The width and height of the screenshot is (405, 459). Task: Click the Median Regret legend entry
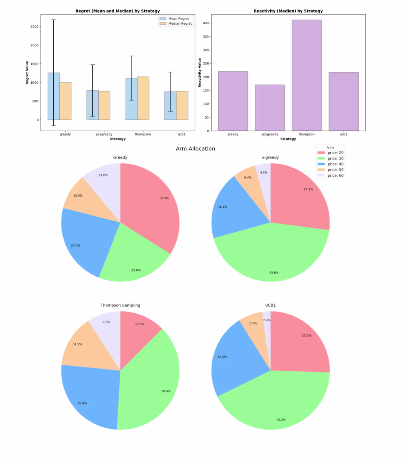180,24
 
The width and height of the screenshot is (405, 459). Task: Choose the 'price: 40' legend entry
335,164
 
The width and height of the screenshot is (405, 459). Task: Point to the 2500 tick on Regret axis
35,27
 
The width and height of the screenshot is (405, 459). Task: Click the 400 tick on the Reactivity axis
206,23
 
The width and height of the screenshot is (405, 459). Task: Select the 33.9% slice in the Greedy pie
155,206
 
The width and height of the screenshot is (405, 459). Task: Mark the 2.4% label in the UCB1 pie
267,320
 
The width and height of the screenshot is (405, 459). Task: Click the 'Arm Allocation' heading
195,149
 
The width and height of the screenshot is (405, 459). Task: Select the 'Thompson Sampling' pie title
120,305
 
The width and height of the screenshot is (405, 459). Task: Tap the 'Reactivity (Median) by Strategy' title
288,11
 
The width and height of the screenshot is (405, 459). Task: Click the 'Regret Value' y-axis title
27,73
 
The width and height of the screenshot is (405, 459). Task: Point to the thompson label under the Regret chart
143,134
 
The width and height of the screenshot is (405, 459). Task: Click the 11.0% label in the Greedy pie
103,175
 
